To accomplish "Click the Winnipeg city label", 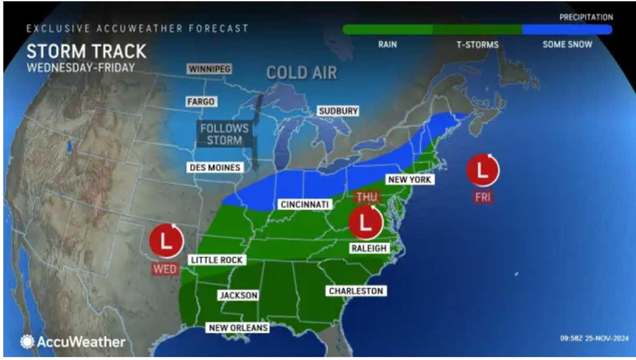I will click(209, 69).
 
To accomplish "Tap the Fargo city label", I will click(201, 101).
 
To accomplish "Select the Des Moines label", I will click(215, 168).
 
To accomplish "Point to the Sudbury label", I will click(338, 111).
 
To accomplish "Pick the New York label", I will click(410, 180).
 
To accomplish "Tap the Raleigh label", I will click(368, 248).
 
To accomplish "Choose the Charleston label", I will click(356, 291).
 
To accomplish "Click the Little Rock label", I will click(217, 260).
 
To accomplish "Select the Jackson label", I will click(238, 295).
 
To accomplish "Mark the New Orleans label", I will click(238, 328).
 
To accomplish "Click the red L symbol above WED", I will click(166, 241).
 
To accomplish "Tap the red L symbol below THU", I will click(365, 223).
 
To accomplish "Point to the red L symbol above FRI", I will click(482, 170).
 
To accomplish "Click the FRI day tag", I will click(482, 197).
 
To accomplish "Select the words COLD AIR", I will click(302, 73).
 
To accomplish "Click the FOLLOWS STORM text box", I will click(224, 134).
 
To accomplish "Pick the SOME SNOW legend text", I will click(567, 44).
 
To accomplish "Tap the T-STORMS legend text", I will click(477, 45).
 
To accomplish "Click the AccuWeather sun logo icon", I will click(27, 342).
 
